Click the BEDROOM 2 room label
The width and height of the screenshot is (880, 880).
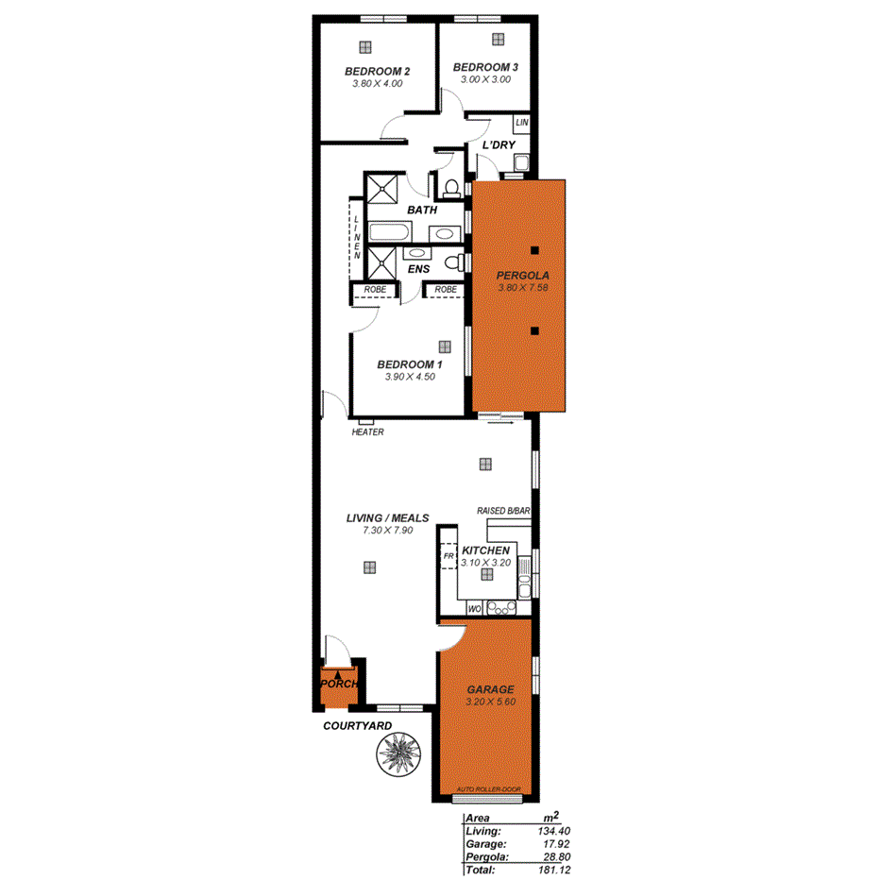point(377,72)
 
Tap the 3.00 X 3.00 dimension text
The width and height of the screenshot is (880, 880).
point(485,80)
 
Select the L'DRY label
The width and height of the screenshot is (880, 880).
point(498,145)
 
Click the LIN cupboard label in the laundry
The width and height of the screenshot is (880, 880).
point(521,124)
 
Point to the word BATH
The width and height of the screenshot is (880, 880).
point(421,210)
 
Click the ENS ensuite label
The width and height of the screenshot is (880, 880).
point(418,269)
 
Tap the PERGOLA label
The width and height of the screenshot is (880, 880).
point(521,275)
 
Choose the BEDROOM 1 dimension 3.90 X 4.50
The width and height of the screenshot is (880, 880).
point(409,377)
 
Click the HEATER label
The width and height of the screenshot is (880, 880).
point(366,432)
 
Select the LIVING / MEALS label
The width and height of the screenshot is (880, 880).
point(388,518)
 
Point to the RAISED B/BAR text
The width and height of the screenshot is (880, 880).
point(504,511)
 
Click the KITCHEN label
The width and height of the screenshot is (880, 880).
point(485,550)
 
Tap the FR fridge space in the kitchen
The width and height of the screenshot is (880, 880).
point(448,557)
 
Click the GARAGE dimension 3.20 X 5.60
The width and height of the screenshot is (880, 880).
point(490,702)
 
